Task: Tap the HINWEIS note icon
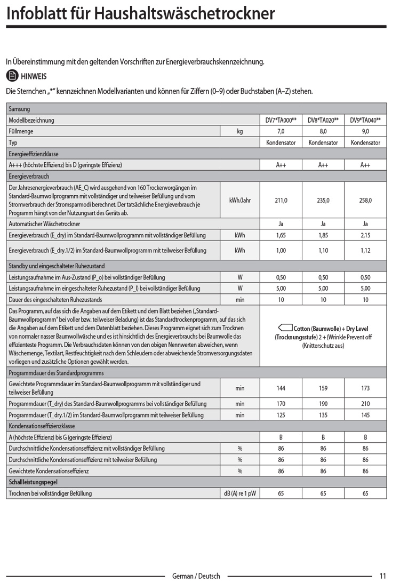tap(11, 76)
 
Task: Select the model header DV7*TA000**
tap(281, 121)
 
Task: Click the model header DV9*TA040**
tap(365, 121)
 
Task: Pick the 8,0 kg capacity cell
tap(323, 131)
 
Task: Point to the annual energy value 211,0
tap(281, 200)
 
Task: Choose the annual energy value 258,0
tap(365, 200)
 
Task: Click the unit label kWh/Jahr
tap(240, 200)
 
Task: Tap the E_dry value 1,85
tap(323, 235)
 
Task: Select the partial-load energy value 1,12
tap(365, 250)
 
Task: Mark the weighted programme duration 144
tap(281, 388)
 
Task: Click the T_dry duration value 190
tap(323, 404)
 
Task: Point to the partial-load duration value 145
tap(365, 415)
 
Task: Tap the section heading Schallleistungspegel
tap(33, 482)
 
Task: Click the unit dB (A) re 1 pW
tap(240, 493)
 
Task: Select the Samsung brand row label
tap(20, 109)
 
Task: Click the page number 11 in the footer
tap(383, 576)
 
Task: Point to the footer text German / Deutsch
tap(196, 576)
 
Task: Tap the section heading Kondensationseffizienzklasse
tap(42, 426)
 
